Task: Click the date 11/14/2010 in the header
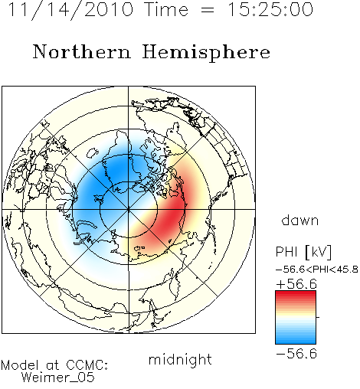coord(70,9)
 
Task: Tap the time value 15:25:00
coord(270,9)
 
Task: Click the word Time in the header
coord(166,9)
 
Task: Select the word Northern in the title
coord(82,51)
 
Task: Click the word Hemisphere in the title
coord(206,53)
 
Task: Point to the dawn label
coord(300,220)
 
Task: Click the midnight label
coord(180,359)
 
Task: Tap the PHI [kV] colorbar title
coord(303,252)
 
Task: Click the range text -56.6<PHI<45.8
coord(317,270)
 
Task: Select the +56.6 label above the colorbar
coord(296,284)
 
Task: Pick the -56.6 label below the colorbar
coord(296,354)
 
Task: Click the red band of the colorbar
coord(296,297)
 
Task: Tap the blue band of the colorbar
coord(296,338)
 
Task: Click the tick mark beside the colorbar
coord(318,317)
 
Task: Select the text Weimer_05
coord(58,378)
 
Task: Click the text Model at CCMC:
coord(54,365)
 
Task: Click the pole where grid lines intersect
coord(129,209)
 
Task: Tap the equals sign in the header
coord(208,11)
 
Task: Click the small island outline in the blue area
coord(92,152)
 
